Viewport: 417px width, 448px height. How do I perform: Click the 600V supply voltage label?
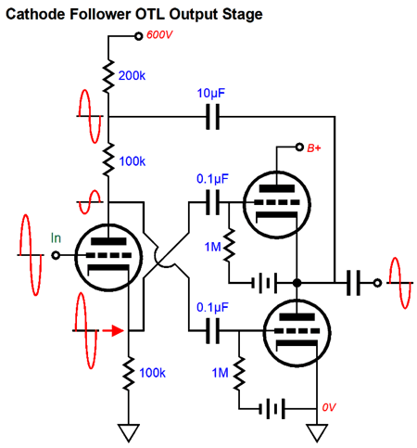[159, 35]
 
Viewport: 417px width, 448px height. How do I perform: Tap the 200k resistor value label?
[132, 76]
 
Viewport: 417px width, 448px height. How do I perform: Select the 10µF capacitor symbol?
[213, 117]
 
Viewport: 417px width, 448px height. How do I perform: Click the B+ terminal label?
[314, 148]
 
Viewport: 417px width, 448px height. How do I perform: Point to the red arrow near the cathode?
[113, 330]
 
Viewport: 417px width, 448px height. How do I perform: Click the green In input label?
[56, 238]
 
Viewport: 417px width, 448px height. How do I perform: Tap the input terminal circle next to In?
[56, 255]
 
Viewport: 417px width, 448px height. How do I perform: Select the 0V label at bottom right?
[329, 407]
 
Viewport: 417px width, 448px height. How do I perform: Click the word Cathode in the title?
[35, 14]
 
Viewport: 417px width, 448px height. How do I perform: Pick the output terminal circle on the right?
[377, 283]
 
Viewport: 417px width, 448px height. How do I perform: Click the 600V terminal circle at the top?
[139, 36]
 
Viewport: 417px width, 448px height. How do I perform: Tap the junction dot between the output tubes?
[297, 283]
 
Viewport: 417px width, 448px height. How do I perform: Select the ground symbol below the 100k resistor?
[129, 433]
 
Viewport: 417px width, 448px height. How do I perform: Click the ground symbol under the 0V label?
[317, 433]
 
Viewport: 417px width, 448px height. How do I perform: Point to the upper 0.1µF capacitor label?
[212, 179]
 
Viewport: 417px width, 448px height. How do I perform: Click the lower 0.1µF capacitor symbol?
[213, 331]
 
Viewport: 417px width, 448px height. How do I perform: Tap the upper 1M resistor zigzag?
[229, 246]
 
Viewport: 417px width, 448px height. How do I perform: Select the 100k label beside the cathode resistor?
[152, 373]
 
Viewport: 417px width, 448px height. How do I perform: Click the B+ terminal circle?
[299, 147]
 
